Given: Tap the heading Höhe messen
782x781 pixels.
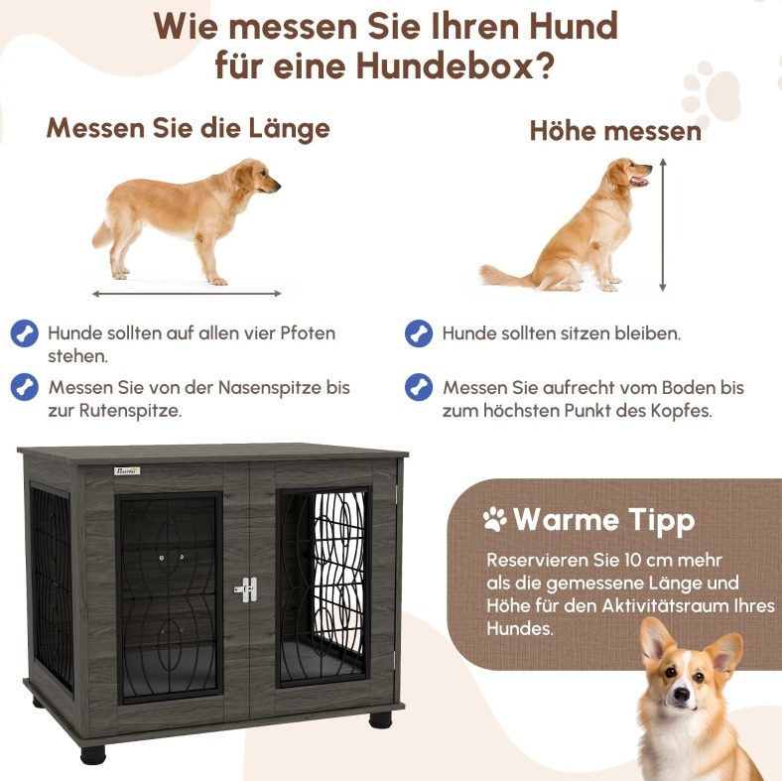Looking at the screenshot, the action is [615, 131].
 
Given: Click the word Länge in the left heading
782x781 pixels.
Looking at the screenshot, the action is [289, 128].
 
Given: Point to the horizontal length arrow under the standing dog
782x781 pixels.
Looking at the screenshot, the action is [187, 294].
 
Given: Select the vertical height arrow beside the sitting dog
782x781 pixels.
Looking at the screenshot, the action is [663, 225].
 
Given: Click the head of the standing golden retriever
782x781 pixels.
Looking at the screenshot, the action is [258, 176].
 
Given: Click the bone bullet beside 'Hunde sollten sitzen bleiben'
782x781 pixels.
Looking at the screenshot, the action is [419, 333].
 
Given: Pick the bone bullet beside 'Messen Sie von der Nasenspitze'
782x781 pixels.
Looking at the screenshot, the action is [25, 387].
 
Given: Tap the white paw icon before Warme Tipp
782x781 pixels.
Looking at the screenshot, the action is [495, 519].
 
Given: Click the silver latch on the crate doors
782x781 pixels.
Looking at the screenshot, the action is [246, 589].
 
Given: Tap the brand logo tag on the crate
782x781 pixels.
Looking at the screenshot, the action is [127, 470].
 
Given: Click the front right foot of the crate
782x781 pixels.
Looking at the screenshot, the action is [380, 719].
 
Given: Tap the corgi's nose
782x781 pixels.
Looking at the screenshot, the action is [681, 694].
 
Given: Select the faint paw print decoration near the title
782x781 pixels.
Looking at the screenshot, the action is [711, 93].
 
